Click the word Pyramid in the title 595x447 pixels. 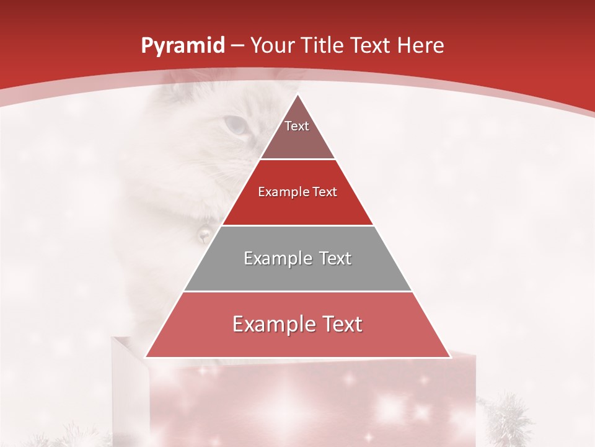[x=183, y=46]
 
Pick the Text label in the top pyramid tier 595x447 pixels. [x=297, y=126]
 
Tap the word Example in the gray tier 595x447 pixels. [x=276, y=258]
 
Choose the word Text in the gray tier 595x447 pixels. [x=335, y=258]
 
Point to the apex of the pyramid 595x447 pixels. [x=297, y=95]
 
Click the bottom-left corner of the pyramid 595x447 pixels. [x=146, y=357]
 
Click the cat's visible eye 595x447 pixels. [x=235, y=126]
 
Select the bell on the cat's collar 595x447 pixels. [x=203, y=234]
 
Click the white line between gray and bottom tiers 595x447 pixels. [x=297, y=291]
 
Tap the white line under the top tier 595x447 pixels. [x=297, y=160]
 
